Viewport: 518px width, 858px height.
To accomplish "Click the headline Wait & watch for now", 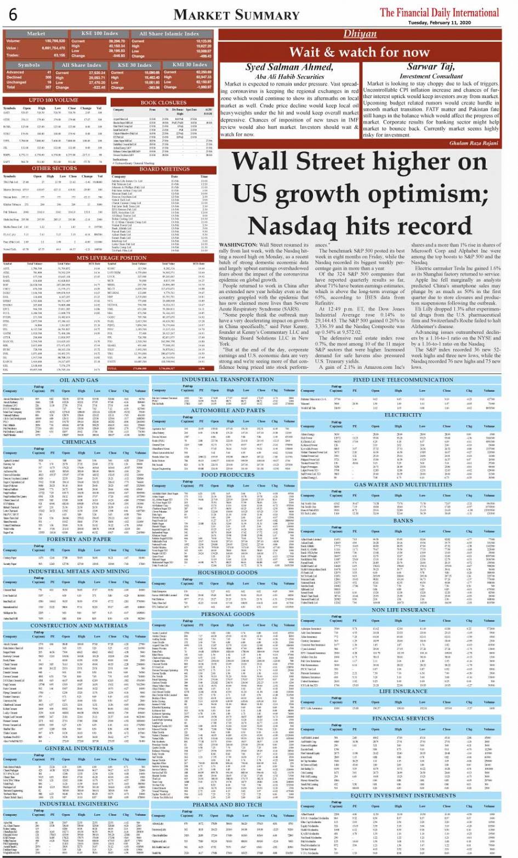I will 359,52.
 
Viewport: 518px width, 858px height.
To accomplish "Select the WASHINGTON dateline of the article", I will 237,244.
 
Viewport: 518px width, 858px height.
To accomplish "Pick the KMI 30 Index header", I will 190,65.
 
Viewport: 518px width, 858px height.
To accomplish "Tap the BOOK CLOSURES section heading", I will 163,102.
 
